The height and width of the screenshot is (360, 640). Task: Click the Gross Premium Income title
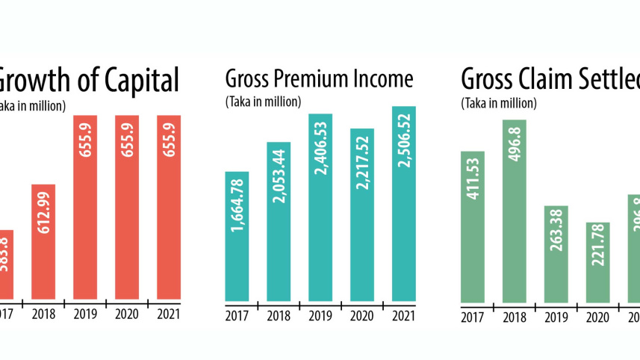(x=319, y=79)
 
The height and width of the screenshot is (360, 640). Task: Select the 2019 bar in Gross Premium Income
(x=320, y=209)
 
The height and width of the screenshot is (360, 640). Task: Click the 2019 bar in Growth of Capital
(x=86, y=209)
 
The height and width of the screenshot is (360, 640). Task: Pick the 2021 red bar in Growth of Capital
(x=169, y=209)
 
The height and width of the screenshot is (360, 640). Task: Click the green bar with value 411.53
(x=473, y=227)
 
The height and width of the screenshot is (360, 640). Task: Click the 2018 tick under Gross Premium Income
(x=279, y=315)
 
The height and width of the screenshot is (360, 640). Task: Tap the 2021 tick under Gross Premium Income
(x=404, y=315)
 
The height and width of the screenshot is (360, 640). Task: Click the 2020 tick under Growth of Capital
(x=127, y=315)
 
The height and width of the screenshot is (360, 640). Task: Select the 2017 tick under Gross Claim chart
(x=473, y=318)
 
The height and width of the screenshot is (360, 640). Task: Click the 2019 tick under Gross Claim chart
(x=556, y=318)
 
